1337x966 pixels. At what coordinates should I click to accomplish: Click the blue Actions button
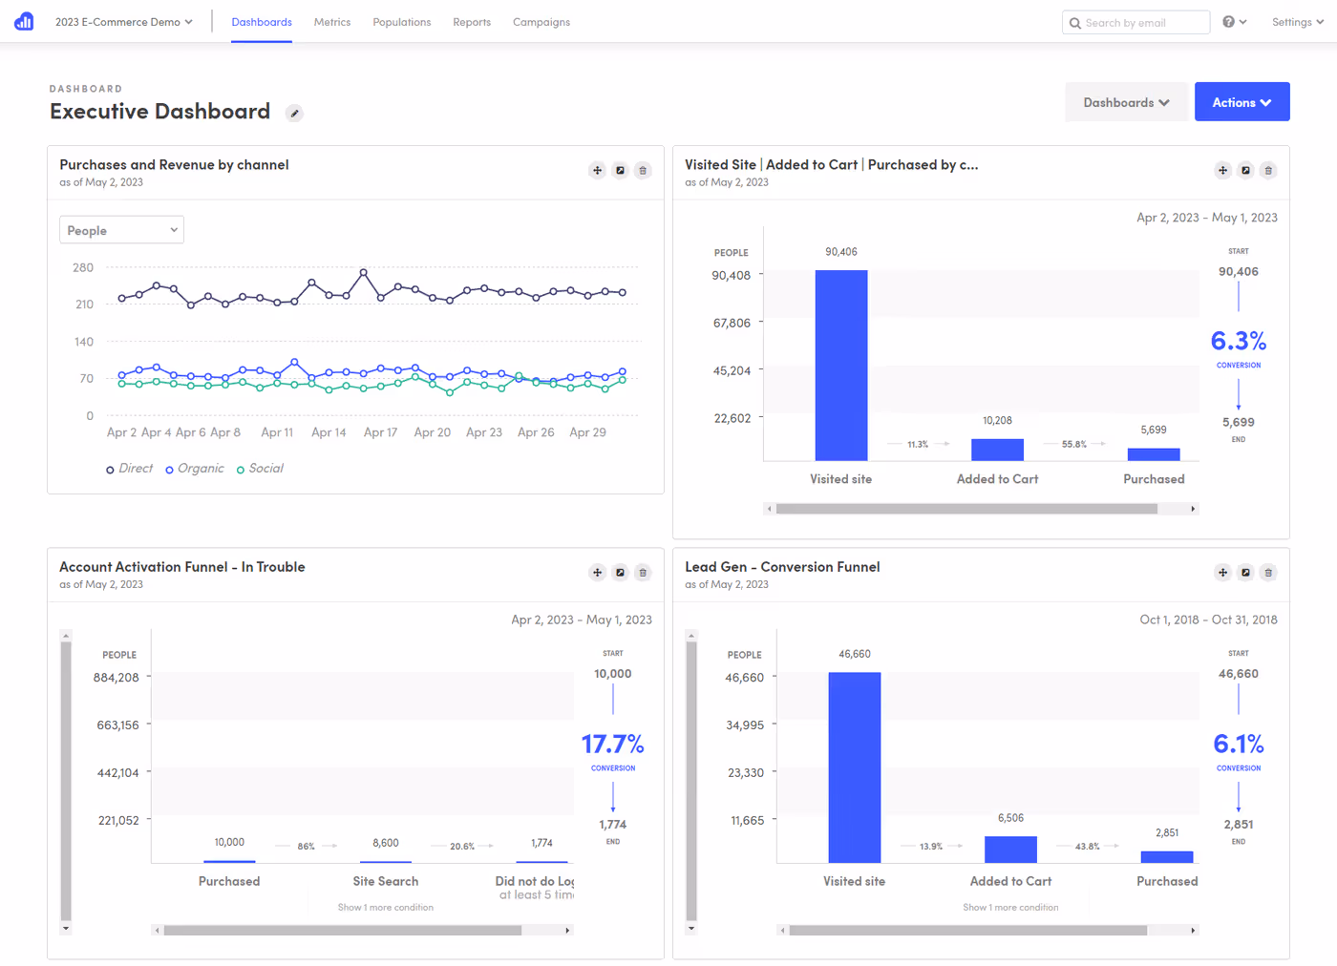coord(1241,102)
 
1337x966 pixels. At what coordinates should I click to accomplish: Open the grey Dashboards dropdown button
coord(1126,102)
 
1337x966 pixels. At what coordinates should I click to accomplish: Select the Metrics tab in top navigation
coord(332,22)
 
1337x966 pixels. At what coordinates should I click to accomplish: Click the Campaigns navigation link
coord(541,22)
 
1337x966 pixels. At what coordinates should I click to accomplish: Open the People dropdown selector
coord(121,230)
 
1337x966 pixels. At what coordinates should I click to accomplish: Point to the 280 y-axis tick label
coord(83,267)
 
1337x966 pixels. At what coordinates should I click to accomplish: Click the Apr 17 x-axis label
coord(380,432)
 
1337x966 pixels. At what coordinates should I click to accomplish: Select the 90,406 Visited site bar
coord(841,365)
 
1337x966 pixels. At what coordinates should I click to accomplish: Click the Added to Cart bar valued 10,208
coord(997,450)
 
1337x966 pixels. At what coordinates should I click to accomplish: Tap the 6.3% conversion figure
coord(1238,341)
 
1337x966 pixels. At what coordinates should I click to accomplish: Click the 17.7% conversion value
coord(612,744)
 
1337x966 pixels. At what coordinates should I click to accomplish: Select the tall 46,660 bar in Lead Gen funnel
coord(854,766)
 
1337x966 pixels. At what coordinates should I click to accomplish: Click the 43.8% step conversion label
coord(1087,847)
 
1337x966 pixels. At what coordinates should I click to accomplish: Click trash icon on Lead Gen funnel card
coord(1268,573)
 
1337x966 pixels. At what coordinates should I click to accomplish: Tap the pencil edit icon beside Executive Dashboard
coord(295,114)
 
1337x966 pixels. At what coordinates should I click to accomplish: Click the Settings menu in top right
coord(1296,22)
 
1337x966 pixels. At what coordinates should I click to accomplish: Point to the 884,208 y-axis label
coord(117,678)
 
